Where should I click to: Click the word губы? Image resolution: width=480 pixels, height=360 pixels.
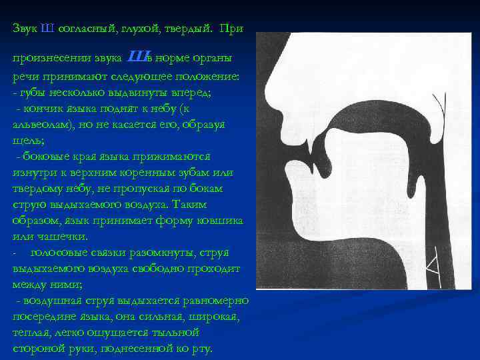coord(31,93)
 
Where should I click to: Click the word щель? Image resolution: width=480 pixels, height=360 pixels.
coord(26,141)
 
